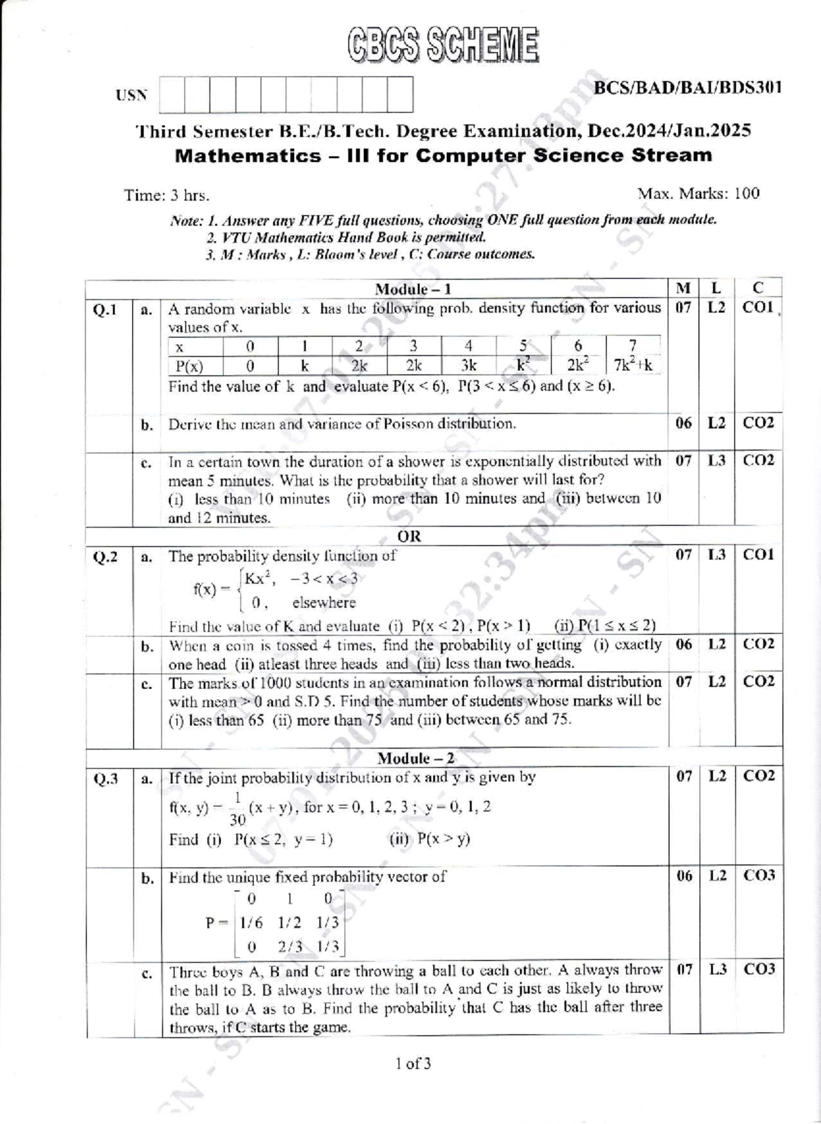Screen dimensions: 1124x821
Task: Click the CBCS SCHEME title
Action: tap(443, 45)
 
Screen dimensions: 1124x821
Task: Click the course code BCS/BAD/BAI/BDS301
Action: tap(687, 88)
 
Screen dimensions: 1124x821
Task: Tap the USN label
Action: tap(131, 95)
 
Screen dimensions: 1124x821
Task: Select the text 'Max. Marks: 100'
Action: tap(698, 194)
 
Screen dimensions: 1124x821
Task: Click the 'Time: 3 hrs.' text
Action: tap(167, 196)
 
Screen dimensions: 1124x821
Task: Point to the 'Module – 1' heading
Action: tap(413, 289)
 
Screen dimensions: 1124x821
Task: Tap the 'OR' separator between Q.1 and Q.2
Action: tap(409, 536)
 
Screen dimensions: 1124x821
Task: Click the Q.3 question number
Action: tap(105, 779)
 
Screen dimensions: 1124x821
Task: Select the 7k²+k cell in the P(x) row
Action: tap(633, 365)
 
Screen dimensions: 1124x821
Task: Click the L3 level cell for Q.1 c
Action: tap(716, 461)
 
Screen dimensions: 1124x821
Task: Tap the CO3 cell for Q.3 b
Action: tap(759, 876)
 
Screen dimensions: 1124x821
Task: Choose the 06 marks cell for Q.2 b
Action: tap(683, 644)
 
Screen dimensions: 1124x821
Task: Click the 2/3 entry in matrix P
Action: tap(290, 947)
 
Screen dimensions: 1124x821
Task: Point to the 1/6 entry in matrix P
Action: tap(250, 922)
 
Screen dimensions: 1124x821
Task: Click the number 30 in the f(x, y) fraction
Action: tap(237, 819)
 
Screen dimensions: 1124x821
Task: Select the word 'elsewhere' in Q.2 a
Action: tap(324, 603)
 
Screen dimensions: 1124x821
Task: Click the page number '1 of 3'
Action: tap(413, 1064)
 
